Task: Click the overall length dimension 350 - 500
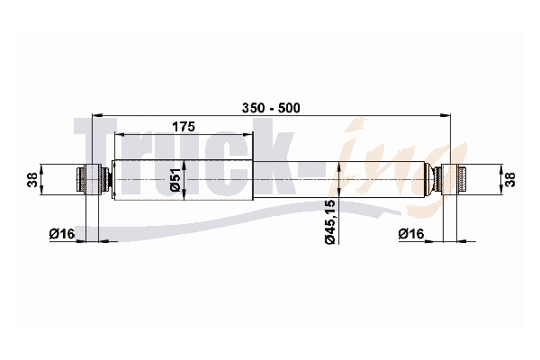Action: [271, 108]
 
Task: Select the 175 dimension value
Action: [184, 127]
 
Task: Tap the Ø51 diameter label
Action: [175, 180]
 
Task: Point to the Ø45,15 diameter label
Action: [329, 222]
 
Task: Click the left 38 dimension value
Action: [32, 180]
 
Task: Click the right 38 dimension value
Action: [511, 180]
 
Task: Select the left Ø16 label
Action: [62, 234]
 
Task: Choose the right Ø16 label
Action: [411, 234]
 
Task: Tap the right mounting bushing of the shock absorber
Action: [450, 180]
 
